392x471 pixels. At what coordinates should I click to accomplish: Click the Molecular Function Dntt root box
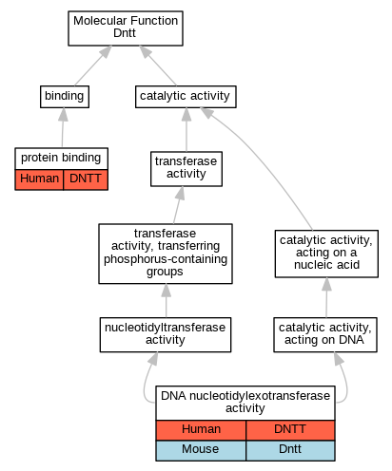pyautogui.click(x=126, y=28)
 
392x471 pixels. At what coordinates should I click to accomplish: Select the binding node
pyautogui.click(x=65, y=97)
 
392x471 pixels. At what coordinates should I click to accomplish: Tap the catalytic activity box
pyautogui.click(x=186, y=97)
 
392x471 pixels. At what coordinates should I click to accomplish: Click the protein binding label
pyautogui.click(x=61, y=159)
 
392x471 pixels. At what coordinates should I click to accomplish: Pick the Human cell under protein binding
pyautogui.click(x=39, y=179)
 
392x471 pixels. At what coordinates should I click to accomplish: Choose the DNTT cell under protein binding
pyautogui.click(x=86, y=179)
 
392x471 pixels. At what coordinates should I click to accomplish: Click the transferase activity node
pyautogui.click(x=186, y=169)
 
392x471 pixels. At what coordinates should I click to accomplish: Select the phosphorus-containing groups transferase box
pyautogui.click(x=166, y=254)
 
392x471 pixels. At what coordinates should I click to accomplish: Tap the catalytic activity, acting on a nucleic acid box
pyautogui.click(x=326, y=254)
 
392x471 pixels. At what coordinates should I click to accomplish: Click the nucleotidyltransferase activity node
pyautogui.click(x=166, y=334)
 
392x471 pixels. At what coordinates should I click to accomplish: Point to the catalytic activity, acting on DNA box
pyautogui.click(x=325, y=334)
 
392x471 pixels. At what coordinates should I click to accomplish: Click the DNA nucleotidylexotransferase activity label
pyautogui.click(x=245, y=403)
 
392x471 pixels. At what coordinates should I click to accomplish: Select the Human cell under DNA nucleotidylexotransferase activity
pyautogui.click(x=201, y=430)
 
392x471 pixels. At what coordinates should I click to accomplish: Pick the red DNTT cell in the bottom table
pyautogui.click(x=290, y=430)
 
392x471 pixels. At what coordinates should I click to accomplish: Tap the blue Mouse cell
pyautogui.click(x=201, y=450)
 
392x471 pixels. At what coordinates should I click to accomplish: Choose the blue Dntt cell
pyautogui.click(x=290, y=450)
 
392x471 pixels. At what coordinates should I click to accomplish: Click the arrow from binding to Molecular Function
pyautogui.click(x=93, y=66)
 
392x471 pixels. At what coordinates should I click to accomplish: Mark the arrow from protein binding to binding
pyautogui.click(x=63, y=127)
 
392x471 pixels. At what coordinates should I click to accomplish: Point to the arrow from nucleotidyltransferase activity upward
pyautogui.click(x=166, y=301)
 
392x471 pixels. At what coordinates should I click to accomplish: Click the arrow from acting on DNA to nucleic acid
pyautogui.click(x=326, y=297)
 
